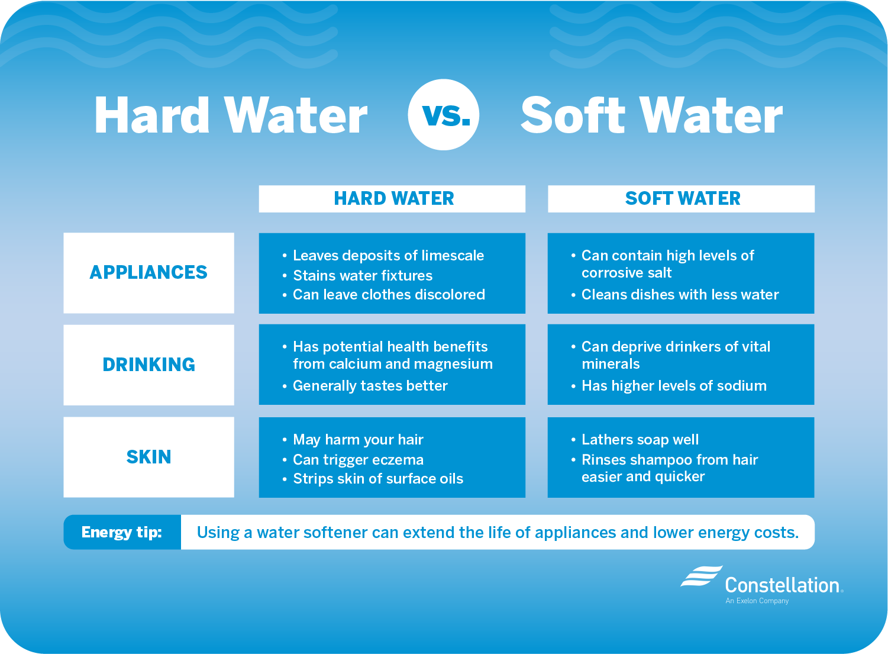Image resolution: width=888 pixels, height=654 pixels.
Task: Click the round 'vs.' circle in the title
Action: coord(444,114)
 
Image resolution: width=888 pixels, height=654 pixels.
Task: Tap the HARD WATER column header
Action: coord(393,199)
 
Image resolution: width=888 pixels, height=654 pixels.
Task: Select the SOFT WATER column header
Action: coord(682,199)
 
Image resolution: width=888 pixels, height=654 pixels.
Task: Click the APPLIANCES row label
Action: coord(148,272)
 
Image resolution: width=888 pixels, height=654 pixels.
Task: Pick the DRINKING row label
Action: coord(148,365)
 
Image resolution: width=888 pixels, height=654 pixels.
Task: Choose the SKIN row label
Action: coord(148,457)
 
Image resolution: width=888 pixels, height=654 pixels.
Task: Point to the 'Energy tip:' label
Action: coord(122,532)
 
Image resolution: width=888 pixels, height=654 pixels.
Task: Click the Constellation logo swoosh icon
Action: coord(701,576)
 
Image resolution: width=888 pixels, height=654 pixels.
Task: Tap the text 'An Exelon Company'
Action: coord(757,601)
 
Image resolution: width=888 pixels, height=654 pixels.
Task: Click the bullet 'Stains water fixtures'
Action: coord(363,276)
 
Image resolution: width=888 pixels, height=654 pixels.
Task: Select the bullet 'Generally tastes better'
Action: coord(370,386)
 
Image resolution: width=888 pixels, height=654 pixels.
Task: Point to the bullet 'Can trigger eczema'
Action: coord(358,460)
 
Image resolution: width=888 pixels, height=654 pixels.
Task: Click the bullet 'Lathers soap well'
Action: coord(640,440)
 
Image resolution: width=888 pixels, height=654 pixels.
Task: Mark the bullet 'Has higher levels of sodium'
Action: coord(674,386)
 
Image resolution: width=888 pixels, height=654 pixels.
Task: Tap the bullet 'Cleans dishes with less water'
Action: coord(680,295)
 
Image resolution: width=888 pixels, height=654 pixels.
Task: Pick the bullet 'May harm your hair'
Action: coord(358,440)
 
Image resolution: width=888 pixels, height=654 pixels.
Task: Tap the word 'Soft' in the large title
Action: coord(573,115)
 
